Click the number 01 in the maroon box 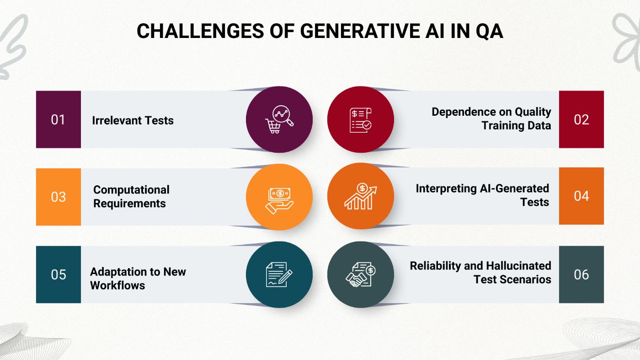tap(58, 120)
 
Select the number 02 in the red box tap(581, 120)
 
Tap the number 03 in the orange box tap(58, 197)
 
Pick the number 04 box tap(581, 196)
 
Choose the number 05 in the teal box tap(58, 274)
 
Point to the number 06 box tap(581, 274)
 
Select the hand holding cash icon tap(279, 197)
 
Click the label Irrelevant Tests tap(133, 121)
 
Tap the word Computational tap(131, 190)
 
